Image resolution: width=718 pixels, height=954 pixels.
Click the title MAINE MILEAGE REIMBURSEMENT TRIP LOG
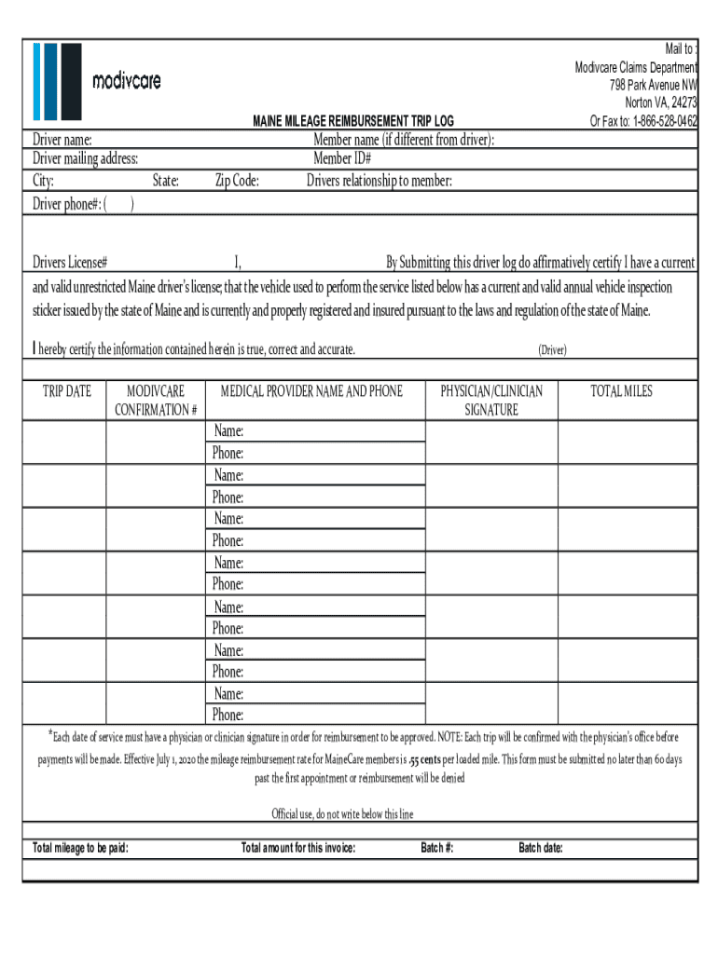352,121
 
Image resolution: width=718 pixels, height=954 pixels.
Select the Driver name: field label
62,140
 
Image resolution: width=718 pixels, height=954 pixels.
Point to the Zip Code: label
237,181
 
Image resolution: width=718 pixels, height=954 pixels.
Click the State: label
165,181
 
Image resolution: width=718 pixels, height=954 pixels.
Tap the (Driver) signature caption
551,350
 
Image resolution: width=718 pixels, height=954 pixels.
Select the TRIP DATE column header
67,391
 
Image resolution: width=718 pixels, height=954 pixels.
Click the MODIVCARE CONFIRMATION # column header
156,401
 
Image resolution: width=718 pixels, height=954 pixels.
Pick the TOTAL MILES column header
621,391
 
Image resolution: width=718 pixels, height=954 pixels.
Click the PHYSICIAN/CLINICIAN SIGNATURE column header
491,401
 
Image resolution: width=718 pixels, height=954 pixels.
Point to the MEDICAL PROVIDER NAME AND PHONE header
311,391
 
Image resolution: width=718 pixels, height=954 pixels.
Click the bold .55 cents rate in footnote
431,759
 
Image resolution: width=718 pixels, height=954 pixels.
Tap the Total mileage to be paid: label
80,848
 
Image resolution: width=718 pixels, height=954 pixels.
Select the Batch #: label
437,848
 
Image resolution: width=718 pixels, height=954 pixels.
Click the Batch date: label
540,848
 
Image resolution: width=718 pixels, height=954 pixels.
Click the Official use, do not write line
342,814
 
